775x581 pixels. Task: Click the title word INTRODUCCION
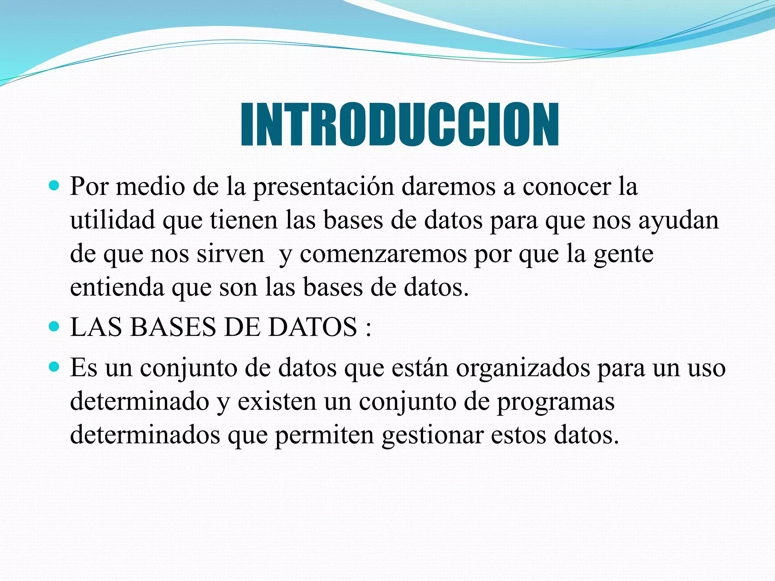pyautogui.click(x=400, y=124)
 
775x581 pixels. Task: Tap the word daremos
pyautogui.click(x=448, y=187)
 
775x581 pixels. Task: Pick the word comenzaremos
pyautogui.click(x=383, y=254)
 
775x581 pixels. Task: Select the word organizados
pyautogui.click(x=523, y=368)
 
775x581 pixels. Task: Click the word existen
pyautogui.click(x=277, y=401)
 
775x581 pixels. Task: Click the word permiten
pyautogui.click(x=324, y=435)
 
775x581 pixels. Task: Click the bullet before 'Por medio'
pyautogui.click(x=54, y=186)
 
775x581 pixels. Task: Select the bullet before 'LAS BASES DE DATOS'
pyautogui.click(x=54, y=326)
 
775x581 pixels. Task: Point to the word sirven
pyautogui.click(x=230, y=254)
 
